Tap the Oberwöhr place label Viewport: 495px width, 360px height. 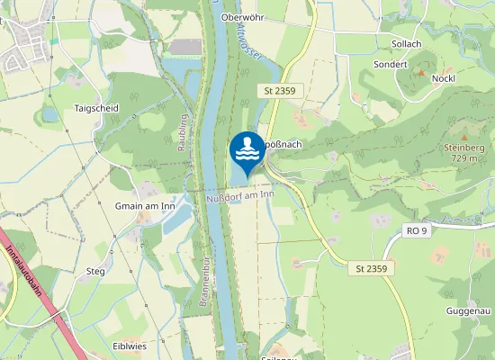click(x=240, y=16)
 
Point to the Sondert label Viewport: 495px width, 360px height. click(x=390, y=64)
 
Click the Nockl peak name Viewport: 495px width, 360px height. click(x=443, y=78)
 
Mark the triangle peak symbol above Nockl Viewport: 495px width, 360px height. click(x=419, y=71)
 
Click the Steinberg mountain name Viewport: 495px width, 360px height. click(x=464, y=147)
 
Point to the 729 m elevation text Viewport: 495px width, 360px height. click(x=464, y=158)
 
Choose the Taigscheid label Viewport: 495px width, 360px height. click(x=96, y=108)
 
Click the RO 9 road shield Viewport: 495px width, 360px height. click(x=416, y=231)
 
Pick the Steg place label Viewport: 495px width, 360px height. click(x=95, y=271)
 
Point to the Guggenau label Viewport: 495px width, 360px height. click(x=467, y=310)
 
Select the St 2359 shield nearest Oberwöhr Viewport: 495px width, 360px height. click(x=280, y=92)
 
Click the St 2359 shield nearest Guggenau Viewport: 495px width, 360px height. click(x=371, y=268)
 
